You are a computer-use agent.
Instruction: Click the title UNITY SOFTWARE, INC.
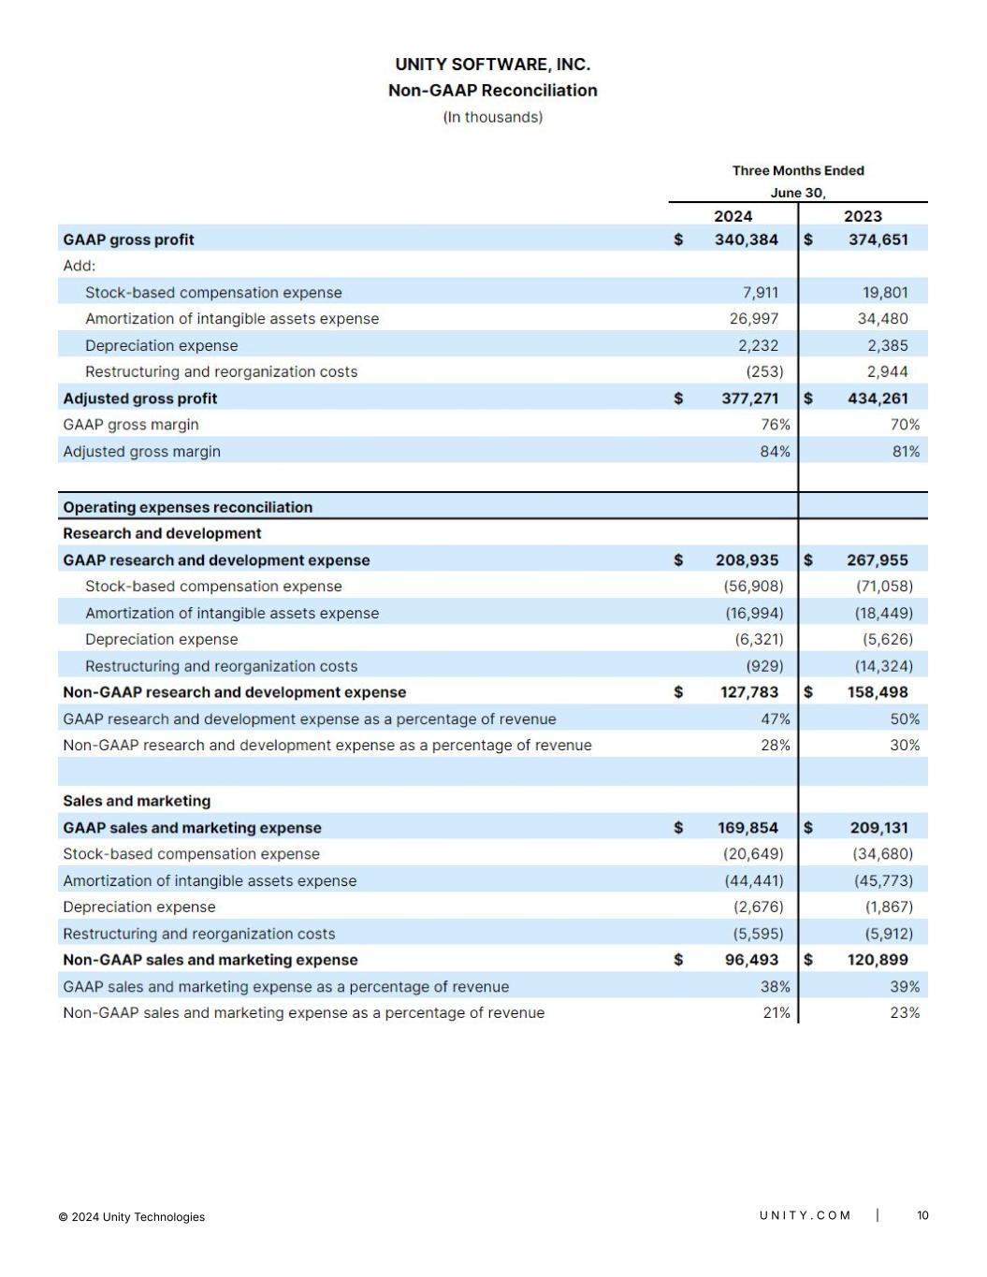coord(492,65)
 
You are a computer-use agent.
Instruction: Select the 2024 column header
coord(733,216)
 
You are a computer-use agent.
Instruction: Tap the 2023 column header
coord(863,216)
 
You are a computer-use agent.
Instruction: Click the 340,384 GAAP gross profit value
coord(746,239)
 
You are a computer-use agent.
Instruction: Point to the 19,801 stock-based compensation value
coord(884,293)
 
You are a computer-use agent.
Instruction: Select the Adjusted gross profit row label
coord(140,399)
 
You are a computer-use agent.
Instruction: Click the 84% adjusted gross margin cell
coord(775,452)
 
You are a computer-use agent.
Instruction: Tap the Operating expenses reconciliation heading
coord(188,507)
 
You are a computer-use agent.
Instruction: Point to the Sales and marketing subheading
coord(137,801)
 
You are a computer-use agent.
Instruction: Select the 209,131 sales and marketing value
coord(878,828)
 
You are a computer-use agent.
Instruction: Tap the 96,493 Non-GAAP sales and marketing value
coord(751,960)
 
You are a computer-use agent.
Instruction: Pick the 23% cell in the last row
coord(905,1013)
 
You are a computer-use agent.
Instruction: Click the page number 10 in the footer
coord(922,1215)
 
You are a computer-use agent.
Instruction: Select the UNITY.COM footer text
coord(805,1215)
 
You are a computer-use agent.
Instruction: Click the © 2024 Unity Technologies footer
coord(132,1217)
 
